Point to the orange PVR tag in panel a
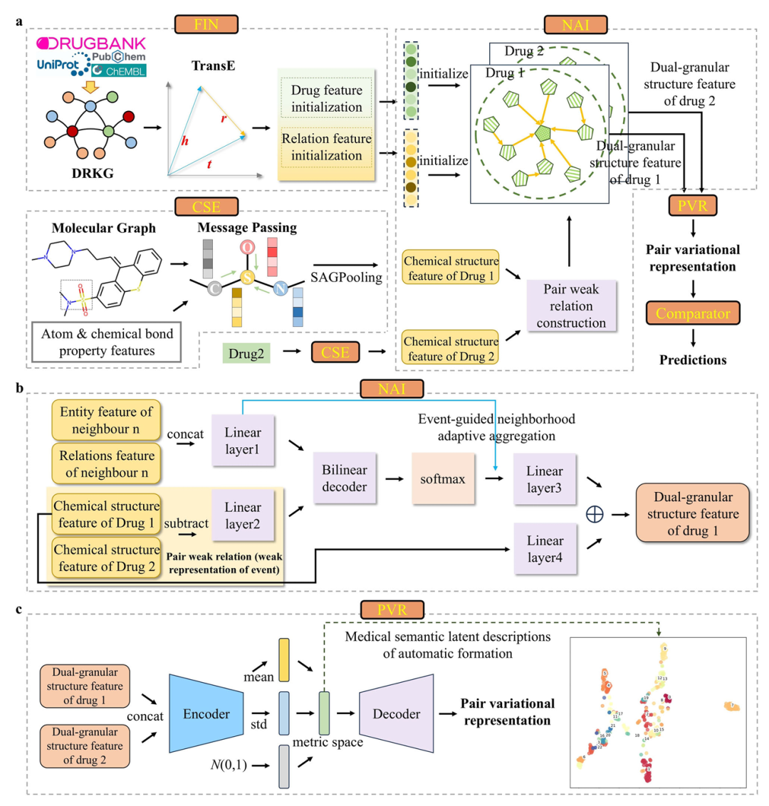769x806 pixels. [691, 206]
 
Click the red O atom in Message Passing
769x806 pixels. [246, 246]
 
